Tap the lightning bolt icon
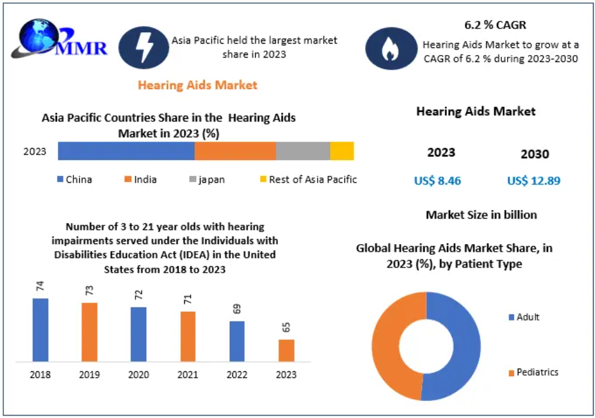pyautogui.click(x=144, y=47)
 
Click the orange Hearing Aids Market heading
pyautogui.click(x=197, y=85)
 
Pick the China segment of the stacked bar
pyautogui.click(x=126, y=151)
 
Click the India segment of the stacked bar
pyautogui.click(x=235, y=151)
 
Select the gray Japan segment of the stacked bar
pyautogui.click(x=303, y=151)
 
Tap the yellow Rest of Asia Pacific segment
pyautogui.click(x=342, y=151)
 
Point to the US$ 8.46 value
pyautogui.click(x=437, y=181)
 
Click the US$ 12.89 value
pyautogui.click(x=534, y=181)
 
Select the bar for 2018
pyautogui.click(x=41, y=329)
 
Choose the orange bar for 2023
pyautogui.click(x=286, y=350)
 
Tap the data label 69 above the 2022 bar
pyautogui.click(x=237, y=310)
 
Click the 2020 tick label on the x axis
pyautogui.click(x=139, y=375)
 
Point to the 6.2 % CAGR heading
pyautogui.click(x=495, y=26)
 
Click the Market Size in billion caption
pyautogui.click(x=481, y=215)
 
